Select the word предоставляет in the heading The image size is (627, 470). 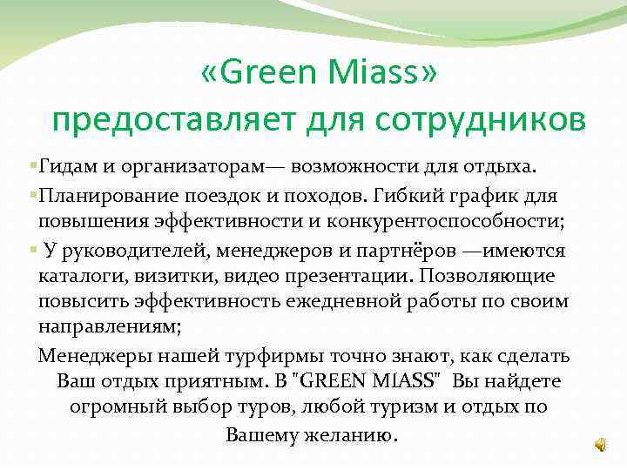165,120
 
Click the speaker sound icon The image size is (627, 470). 601,444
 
